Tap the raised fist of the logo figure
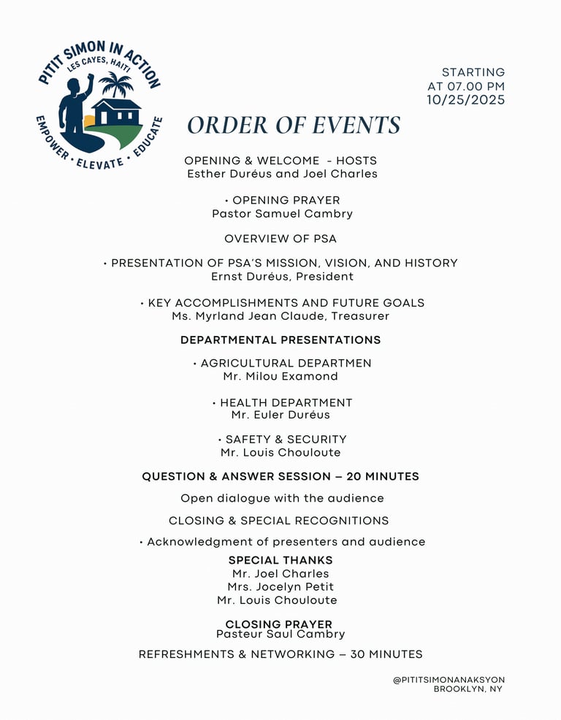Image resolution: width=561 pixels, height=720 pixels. [x=90, y=78]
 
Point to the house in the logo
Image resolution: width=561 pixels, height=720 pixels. [x=116, y=112]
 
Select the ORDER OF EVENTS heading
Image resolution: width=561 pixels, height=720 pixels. [x=294, y=125]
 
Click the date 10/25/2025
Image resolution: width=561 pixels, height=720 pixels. [x=466, y=100]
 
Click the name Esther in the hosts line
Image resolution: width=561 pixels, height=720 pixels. [x=207, y=174]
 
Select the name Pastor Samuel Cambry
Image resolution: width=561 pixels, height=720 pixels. [x=282, y=214]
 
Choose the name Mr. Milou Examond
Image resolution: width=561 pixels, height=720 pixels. [x=280, y=376]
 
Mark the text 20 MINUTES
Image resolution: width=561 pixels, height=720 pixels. [x=383, y=476]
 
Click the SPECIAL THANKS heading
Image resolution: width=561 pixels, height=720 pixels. [x=280, y=560]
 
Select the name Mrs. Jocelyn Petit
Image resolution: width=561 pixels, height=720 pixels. [x=280, y=587]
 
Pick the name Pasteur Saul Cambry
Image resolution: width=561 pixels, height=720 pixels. [x=280, y=635]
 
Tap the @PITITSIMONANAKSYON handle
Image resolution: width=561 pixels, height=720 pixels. [x=449, y=680]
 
